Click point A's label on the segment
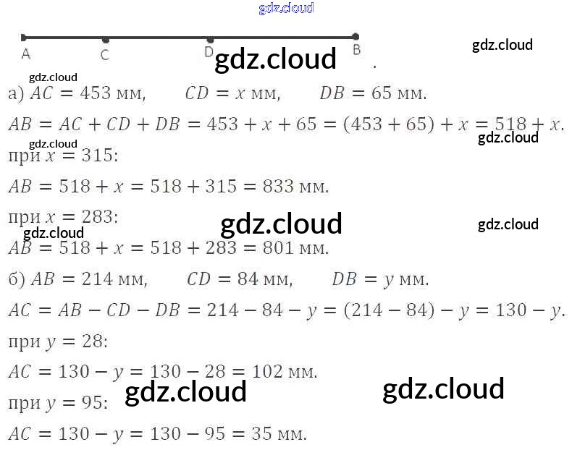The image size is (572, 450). click(26, 53)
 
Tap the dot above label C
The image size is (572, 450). click(106, 40)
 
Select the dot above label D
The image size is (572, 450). click(210, 40)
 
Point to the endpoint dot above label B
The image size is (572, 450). click(355, 36)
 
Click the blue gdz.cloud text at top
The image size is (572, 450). click(286, 8)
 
